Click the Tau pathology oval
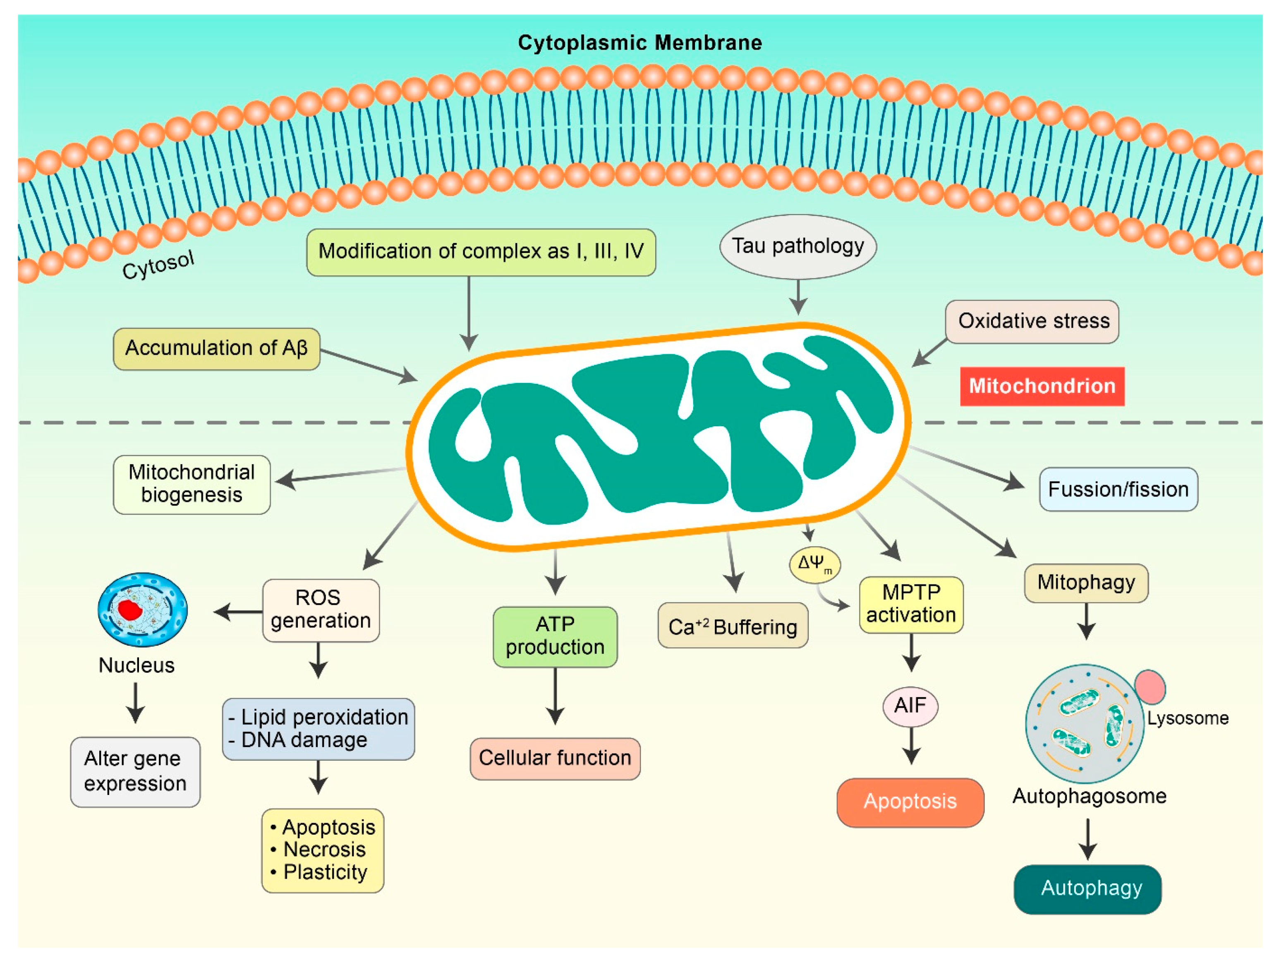click(x=798, y=247)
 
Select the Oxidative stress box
click(x=1032, y=321)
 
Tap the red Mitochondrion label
click(x=1042, y=386)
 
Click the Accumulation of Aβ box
click(x=216, y=349)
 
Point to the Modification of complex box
click(x=481, y=252)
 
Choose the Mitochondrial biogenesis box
click(x=192, y=484)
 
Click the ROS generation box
click(x=321, y=610)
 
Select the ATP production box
click(x=555, y=637)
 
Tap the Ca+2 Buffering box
click(x=733, y=626)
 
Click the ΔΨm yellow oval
click(x=815, y=564)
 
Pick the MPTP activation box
click(x=911, y=604)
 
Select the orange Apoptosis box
click(x=910, y=802)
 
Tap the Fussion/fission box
click(x=1118, y=489)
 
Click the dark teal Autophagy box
click(x=1087, y=889)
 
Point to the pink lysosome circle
click(x=1150, y=686)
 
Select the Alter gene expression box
click(x=135, y=771)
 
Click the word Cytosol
click(x=158, y=266)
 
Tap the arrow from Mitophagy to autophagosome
click(x=1087, y=621)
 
